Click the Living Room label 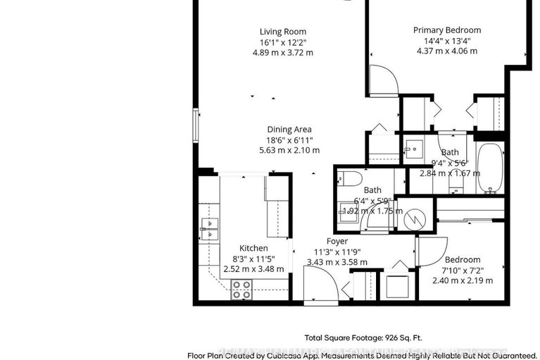[283, 32]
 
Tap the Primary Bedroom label [447, 30]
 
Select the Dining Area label [289, 129]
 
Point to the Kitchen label [253, 248]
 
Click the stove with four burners [241, 289]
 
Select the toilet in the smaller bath [349, 178]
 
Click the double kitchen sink [209, 225]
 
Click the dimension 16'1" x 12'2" [283, 42]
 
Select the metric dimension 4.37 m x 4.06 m [447, 51]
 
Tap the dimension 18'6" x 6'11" [289, 139]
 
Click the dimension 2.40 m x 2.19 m [462, 280]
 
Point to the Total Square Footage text [363, 337]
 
